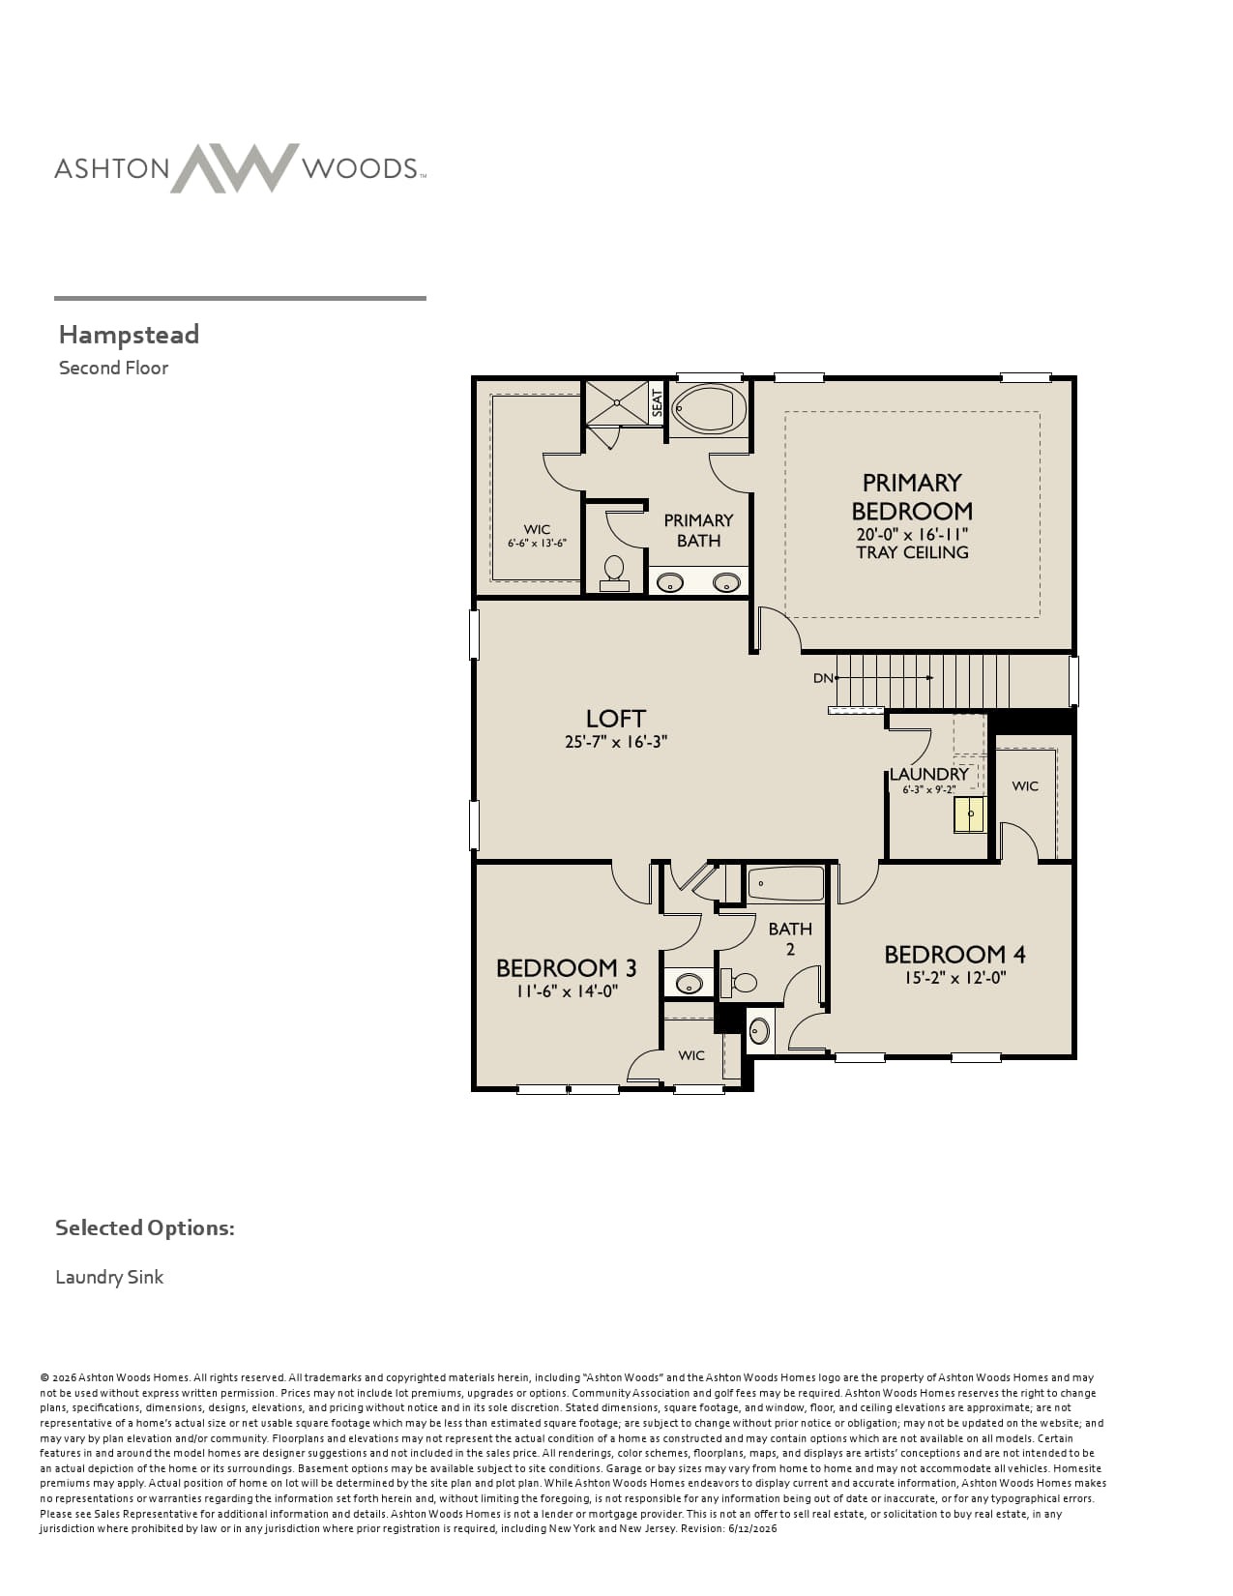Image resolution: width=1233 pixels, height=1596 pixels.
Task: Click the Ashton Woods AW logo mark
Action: click(235, 167)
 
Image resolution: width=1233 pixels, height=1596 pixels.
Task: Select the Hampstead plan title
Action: click(130, 335)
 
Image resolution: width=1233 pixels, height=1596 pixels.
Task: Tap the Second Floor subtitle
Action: click(114, 368)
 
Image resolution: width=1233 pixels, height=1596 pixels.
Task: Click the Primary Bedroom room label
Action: click(912, 496)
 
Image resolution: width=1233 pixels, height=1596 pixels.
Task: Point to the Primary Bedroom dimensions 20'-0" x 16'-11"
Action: click(912, 534)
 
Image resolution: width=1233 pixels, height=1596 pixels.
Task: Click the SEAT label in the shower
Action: click(658, 403)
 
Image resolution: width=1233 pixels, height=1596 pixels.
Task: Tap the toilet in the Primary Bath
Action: click(614, 573)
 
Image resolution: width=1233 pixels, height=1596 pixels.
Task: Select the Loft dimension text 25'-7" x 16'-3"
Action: click(616, 742)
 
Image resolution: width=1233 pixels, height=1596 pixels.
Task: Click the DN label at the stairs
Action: click(823, 678)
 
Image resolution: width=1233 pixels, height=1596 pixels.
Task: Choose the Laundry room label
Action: click(929, 774)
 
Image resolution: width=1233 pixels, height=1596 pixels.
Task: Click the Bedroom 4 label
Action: click(954, 955)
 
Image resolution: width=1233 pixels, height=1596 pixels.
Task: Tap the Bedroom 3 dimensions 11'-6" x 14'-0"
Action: click(566, 991)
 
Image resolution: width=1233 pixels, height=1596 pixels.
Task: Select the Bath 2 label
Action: click(790, 938)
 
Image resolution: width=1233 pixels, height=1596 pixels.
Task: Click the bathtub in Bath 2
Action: click(786, 883)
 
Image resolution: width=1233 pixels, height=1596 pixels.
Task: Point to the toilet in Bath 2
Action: click(739, 982)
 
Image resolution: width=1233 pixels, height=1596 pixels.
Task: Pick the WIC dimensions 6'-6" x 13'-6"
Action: click(537, 544)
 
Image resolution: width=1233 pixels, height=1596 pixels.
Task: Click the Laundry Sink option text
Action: click(109, 1277)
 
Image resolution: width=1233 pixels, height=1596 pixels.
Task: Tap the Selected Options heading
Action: click(145, 1228)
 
